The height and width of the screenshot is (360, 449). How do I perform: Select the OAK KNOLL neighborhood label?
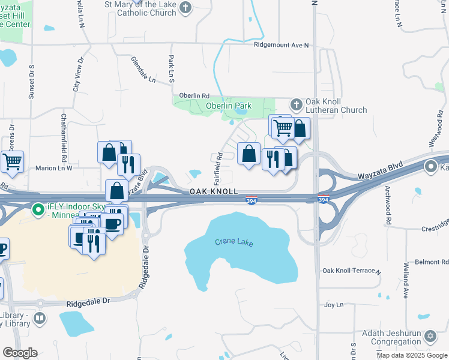pyautogui.click(x=214, y=191)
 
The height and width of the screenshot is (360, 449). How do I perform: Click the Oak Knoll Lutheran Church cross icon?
pyautogui.click(x=296, y=105)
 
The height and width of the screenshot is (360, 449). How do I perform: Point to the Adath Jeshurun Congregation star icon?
pyautogui.click(x=430, y=337)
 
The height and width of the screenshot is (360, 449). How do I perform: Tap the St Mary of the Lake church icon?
pyautogui.click(x=186, y=8)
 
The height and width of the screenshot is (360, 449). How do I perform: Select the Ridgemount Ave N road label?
pyautogui.click(x=280, y=45)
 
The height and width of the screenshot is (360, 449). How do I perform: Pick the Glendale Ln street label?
pyautogui.click(x=143, y=70)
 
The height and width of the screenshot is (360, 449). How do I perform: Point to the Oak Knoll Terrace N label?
pyautogui.click(x=351, y=271)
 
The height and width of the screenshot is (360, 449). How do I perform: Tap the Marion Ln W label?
pyautogui.click(x=53, y=169)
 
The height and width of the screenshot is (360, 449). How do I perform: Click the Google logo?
pyautogui.click(x=20, y=352)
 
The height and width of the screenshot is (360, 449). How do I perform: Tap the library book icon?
pyautogui.click(x=40, y=318)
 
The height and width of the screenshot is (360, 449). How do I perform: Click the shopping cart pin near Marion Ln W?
pyautogui.click(x=12, y=161)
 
